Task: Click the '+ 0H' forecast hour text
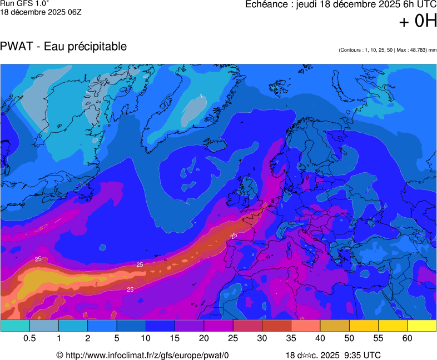coord(418,21)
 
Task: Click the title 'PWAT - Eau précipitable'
coord(63,47)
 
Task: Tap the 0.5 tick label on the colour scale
coord(30,338)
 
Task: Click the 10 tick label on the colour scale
coord(146,338)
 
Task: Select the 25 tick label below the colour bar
coord(233,338)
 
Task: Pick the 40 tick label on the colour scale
coord(320,338)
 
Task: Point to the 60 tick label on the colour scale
coord(408,338)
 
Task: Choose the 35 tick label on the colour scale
coord(291,338)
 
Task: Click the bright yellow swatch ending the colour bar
coord(421,326)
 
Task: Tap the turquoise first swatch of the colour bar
coord(15,326)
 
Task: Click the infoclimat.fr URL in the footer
coord(147,355)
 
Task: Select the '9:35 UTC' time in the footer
coord(362,355)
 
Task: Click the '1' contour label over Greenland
coord(201,96)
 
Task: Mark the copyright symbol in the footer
coord(60,355)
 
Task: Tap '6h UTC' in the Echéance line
coord(415,4)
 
